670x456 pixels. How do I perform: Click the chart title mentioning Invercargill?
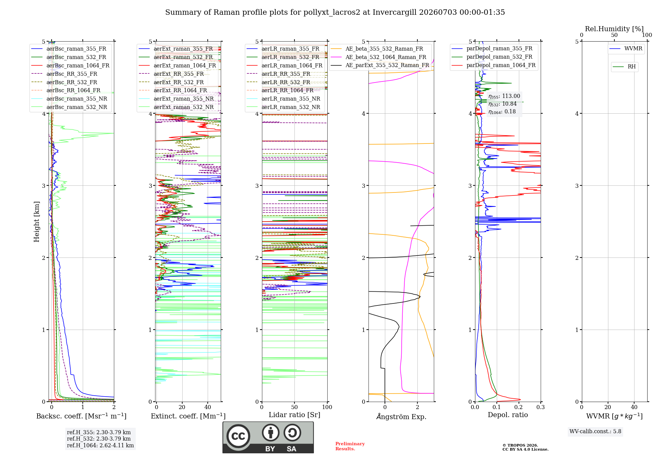[x=335, y=12]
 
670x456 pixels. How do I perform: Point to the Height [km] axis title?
[x=37, y=222]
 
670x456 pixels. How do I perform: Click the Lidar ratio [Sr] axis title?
[x=294, y=415]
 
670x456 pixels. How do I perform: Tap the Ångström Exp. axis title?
[x=401, y=416]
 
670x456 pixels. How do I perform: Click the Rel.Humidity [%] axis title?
[x=614, y=29]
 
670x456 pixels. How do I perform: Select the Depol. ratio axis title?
[x=508, y=415]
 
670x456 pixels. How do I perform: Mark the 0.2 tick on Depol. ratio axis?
[x=519, y=407]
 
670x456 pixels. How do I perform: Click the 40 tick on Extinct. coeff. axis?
[x=208, y=407]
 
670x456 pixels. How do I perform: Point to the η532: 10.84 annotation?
[x=503, y=104]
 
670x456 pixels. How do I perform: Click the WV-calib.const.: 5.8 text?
[x=595, y=432]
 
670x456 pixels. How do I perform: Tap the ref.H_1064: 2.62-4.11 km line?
[x=100, y=445]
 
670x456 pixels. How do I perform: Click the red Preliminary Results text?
[x=350, y=446]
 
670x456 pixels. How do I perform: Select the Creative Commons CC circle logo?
[x=238, y=436]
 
